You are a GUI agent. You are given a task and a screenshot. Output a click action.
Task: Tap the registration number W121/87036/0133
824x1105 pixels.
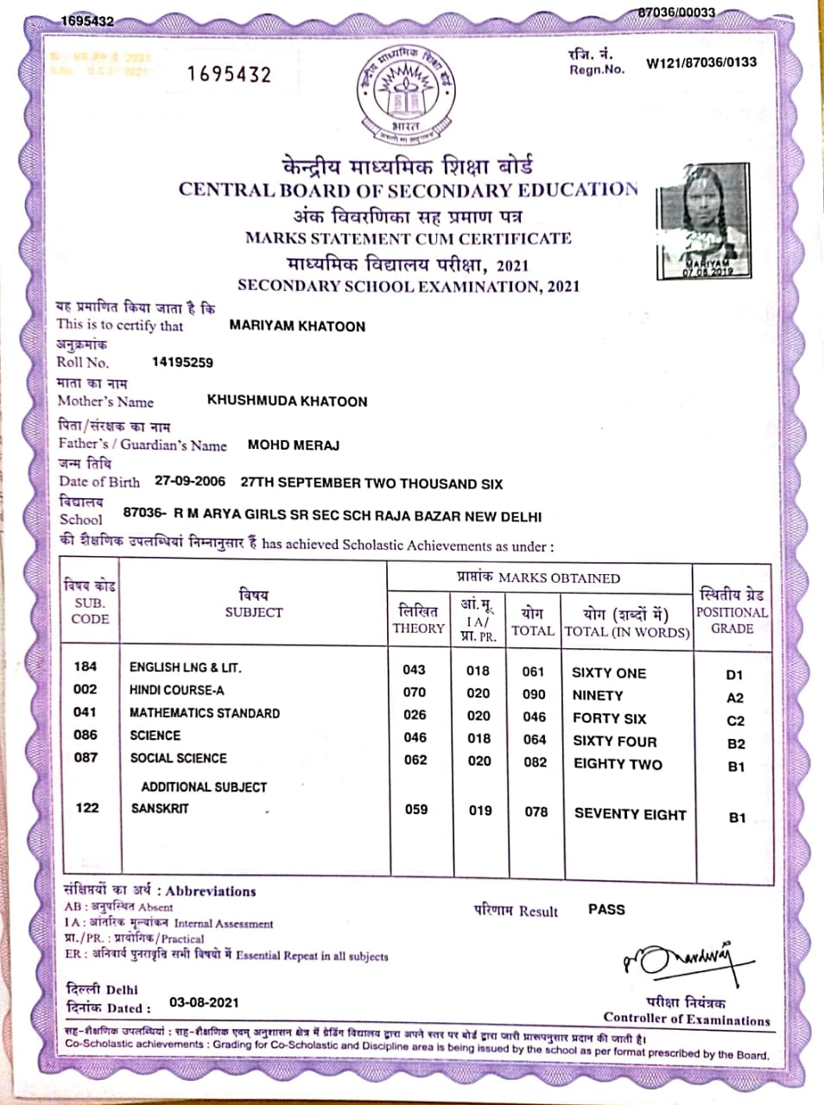[x=700, y=62]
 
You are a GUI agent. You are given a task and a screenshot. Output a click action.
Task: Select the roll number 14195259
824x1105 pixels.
[x=182, y=363]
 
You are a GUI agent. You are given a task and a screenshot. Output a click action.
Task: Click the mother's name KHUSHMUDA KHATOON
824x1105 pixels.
[x=287, y=401]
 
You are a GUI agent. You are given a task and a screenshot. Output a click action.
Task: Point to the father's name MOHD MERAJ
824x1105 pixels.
[x=293, y=445]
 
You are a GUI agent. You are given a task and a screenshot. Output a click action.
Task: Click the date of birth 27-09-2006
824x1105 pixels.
[x=190, y=482]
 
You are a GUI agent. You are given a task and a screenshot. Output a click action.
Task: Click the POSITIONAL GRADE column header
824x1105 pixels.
[x=732, y=612]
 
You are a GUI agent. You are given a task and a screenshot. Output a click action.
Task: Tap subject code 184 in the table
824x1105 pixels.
[x=86, y=666]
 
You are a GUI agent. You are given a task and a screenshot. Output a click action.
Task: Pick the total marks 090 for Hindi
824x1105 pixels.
[x=534, y=694]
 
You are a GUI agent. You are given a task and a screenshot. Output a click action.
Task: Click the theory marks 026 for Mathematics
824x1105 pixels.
[x=415, y=715]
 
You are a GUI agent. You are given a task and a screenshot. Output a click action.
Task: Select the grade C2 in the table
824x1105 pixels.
[x=735, y=721]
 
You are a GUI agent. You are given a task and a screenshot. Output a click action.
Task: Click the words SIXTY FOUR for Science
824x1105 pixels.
[x=614, y=742]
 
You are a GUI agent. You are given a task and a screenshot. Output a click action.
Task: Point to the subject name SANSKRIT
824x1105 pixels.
[x=160, y=809]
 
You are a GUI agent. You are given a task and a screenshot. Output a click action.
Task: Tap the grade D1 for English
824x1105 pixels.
[x=734, y=675]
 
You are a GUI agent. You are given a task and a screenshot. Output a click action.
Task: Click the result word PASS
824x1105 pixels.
[x=606, y=909]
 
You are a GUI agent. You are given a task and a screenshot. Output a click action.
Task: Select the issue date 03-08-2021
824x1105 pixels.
[x=204, y=1002]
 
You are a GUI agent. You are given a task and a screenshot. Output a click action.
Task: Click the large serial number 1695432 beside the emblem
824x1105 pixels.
[x=229, y=74]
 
